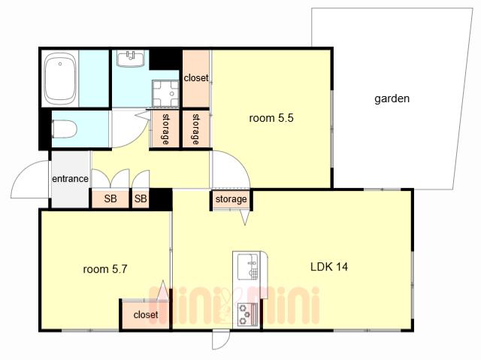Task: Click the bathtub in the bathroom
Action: [60, 78]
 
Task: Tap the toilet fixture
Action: [64, 129]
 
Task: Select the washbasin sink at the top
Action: [131, 59]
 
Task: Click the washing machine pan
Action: [165, 93]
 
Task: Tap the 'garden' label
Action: [392, 98]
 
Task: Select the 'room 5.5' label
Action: [271, 118]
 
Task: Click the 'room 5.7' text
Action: [105, 269]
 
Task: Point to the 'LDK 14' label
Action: [329, 267]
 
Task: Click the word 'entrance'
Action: [70, 178]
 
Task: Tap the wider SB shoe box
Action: [110, 198]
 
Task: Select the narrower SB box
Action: [141, 198]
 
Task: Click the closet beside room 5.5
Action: [196, 78]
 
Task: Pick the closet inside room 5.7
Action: [145, 315]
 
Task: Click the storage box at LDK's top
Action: [231, 199]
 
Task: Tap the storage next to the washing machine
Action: [165, 129]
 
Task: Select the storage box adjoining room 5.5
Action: [195, 129]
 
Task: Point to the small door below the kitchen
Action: [221, 340]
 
